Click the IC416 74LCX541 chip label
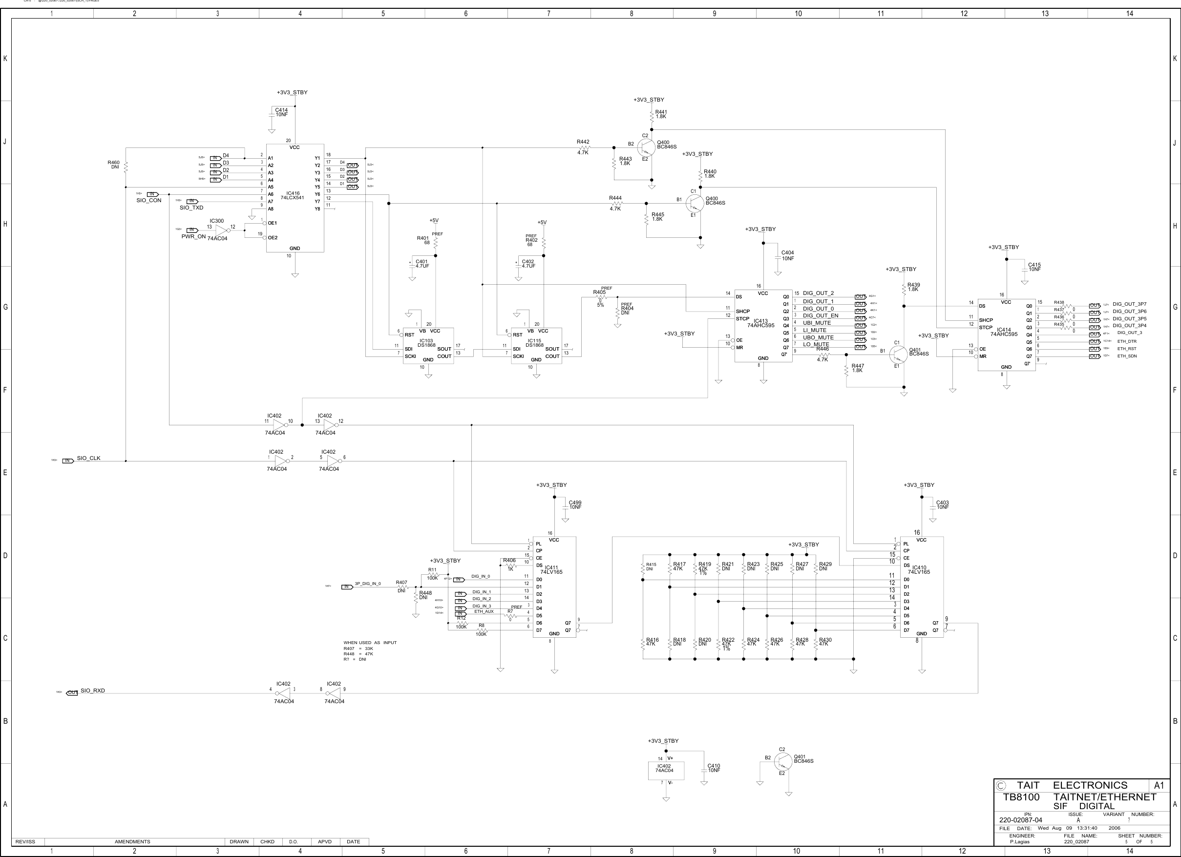pos(292,196)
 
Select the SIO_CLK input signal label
pos(88,458)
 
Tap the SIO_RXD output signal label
pos(93,690)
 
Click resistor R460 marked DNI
pos(126,166)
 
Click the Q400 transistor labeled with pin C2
pos(646,147)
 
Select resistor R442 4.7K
pos(583,147)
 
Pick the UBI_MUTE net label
pos(817,323)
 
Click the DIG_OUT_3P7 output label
pos(1129,304)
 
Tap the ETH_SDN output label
pos(1127,356)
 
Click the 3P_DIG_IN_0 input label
pos(368,584)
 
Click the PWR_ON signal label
pos(193,236)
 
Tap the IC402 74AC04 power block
pos(666,770)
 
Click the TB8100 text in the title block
pos(1021,797)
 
